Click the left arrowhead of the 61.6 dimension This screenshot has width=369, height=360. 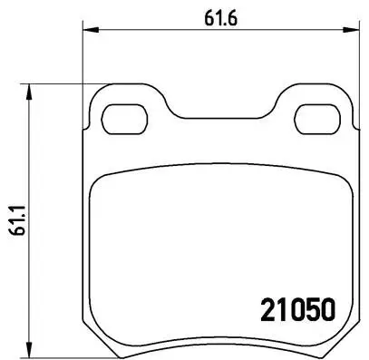pyautogui.click(x=88, y=30)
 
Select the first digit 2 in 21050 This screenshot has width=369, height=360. pyautogui.click(x=257, y=309)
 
